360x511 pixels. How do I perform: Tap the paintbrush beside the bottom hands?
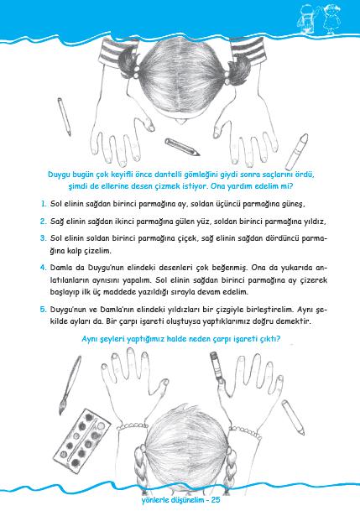(70, 385)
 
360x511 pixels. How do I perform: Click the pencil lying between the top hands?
(182, 147)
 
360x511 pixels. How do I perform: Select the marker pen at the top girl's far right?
(297, 152)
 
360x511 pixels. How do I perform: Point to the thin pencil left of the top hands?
(64, 117)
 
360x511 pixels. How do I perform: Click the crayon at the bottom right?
(293, 417)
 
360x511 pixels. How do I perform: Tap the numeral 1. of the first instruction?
(44, 205)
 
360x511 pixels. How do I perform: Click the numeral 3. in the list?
(44, 238)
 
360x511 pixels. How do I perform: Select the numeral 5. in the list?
(44, 310)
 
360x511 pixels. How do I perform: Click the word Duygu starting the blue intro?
(60, 175)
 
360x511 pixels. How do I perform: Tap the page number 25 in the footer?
(216, 500)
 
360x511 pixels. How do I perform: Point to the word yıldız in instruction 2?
(315, 222)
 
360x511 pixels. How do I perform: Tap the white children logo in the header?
(318, 18)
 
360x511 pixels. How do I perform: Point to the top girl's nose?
(180, 121)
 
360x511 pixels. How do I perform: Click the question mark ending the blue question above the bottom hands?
(279, 339)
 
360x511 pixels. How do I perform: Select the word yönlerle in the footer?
(156, 500)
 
